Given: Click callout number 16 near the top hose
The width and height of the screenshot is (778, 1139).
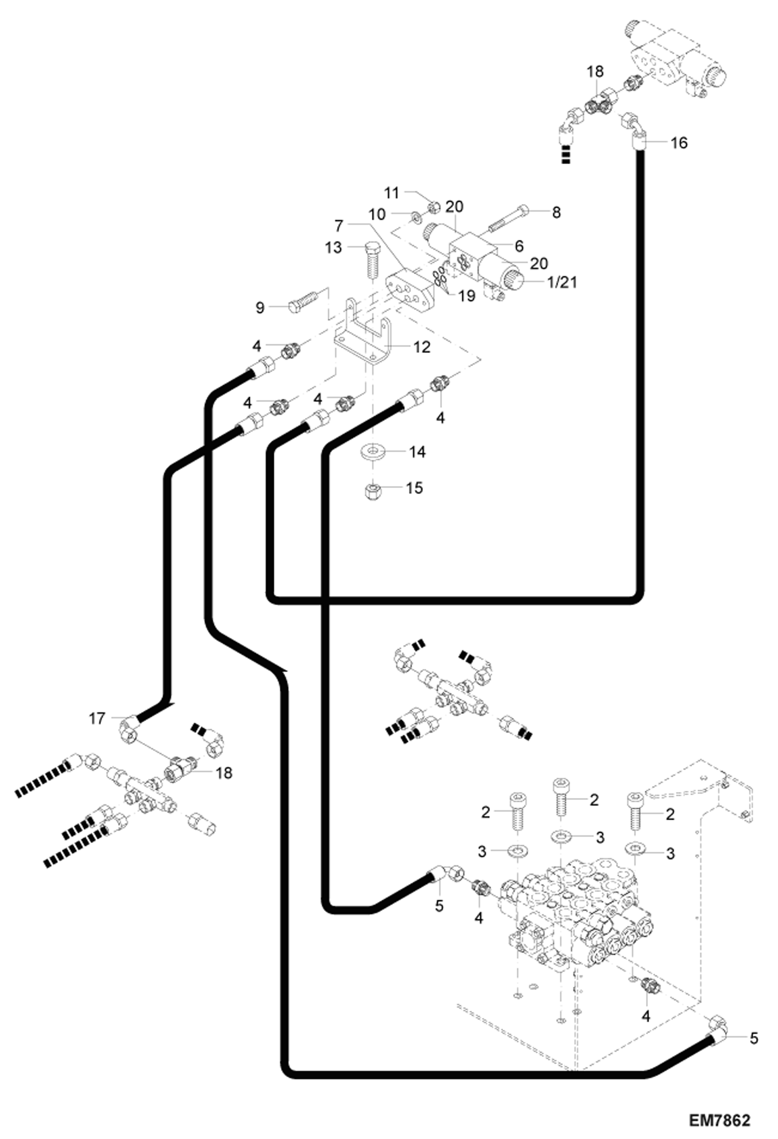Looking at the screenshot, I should (679, 143).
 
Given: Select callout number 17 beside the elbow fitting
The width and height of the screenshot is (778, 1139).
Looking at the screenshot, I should (97, 718).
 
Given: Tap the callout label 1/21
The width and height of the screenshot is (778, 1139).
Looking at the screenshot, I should (562, 282).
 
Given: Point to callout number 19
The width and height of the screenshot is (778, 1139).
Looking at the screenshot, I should (467, 295).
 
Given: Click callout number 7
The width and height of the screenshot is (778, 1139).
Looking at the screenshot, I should (339, 226).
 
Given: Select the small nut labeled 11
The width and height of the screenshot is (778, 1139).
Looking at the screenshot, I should (435, 208).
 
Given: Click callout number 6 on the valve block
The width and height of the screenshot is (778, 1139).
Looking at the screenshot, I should (518, 246).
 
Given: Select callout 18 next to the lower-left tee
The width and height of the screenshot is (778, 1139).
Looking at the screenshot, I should (224, 772).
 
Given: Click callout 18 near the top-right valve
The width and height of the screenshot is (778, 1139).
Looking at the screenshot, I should (595, 72).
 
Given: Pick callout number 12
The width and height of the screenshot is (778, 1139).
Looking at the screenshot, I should (422, 347).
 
